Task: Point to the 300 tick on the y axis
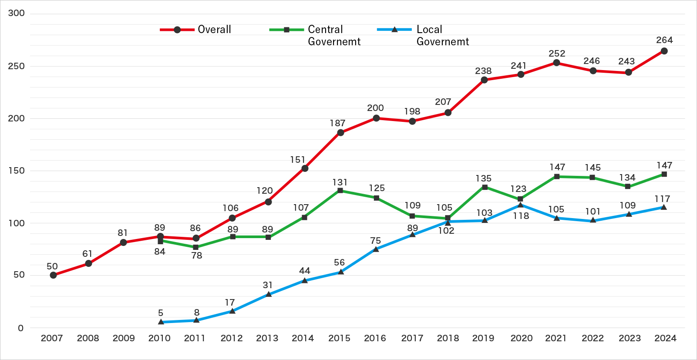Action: (17, 13)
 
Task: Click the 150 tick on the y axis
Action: (17, 171)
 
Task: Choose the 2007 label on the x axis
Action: (52, 338)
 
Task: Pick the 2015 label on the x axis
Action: (339, 338)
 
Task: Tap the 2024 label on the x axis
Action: (665, 338)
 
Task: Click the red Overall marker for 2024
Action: (664, 51)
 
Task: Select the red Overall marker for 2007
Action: (53, 275)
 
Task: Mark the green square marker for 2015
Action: (340, 191)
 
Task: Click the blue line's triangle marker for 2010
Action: (161, 322)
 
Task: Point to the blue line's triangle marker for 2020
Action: (520, 205)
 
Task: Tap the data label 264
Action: (664, 40)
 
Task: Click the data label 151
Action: (298, 160)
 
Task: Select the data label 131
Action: (340, 182)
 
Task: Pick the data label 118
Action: (521, 216)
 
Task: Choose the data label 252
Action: (557, 54)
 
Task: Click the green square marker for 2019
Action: (485, 187)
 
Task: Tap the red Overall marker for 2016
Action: (376, 118)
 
